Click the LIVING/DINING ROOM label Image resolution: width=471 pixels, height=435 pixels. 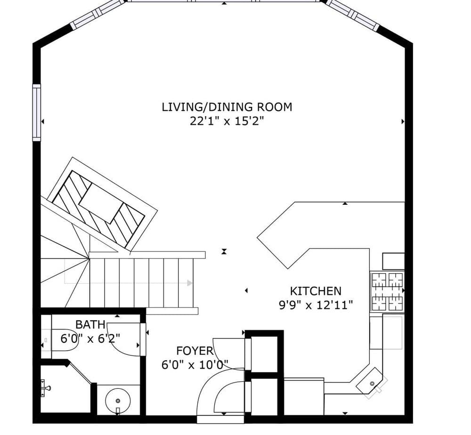tap(227, 107)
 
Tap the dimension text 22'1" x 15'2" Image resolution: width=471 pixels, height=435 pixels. tap(227, 121)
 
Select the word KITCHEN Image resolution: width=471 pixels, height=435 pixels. tap(315, 291)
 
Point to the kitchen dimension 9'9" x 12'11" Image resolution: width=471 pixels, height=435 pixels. tap(315, 305)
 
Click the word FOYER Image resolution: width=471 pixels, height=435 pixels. tap(195, 351)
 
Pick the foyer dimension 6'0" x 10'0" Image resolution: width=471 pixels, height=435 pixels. tap(195, 365)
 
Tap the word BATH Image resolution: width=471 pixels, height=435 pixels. tap(90, 324)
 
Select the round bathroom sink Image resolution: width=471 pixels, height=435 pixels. tap(117, 401)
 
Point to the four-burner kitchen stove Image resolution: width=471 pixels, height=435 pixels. tap(388, 291)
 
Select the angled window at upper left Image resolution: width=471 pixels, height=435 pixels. tap(97, 15)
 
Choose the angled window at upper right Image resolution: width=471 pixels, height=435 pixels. tap(353, 14)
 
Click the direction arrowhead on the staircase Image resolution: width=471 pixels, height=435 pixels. tap(189, 283)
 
